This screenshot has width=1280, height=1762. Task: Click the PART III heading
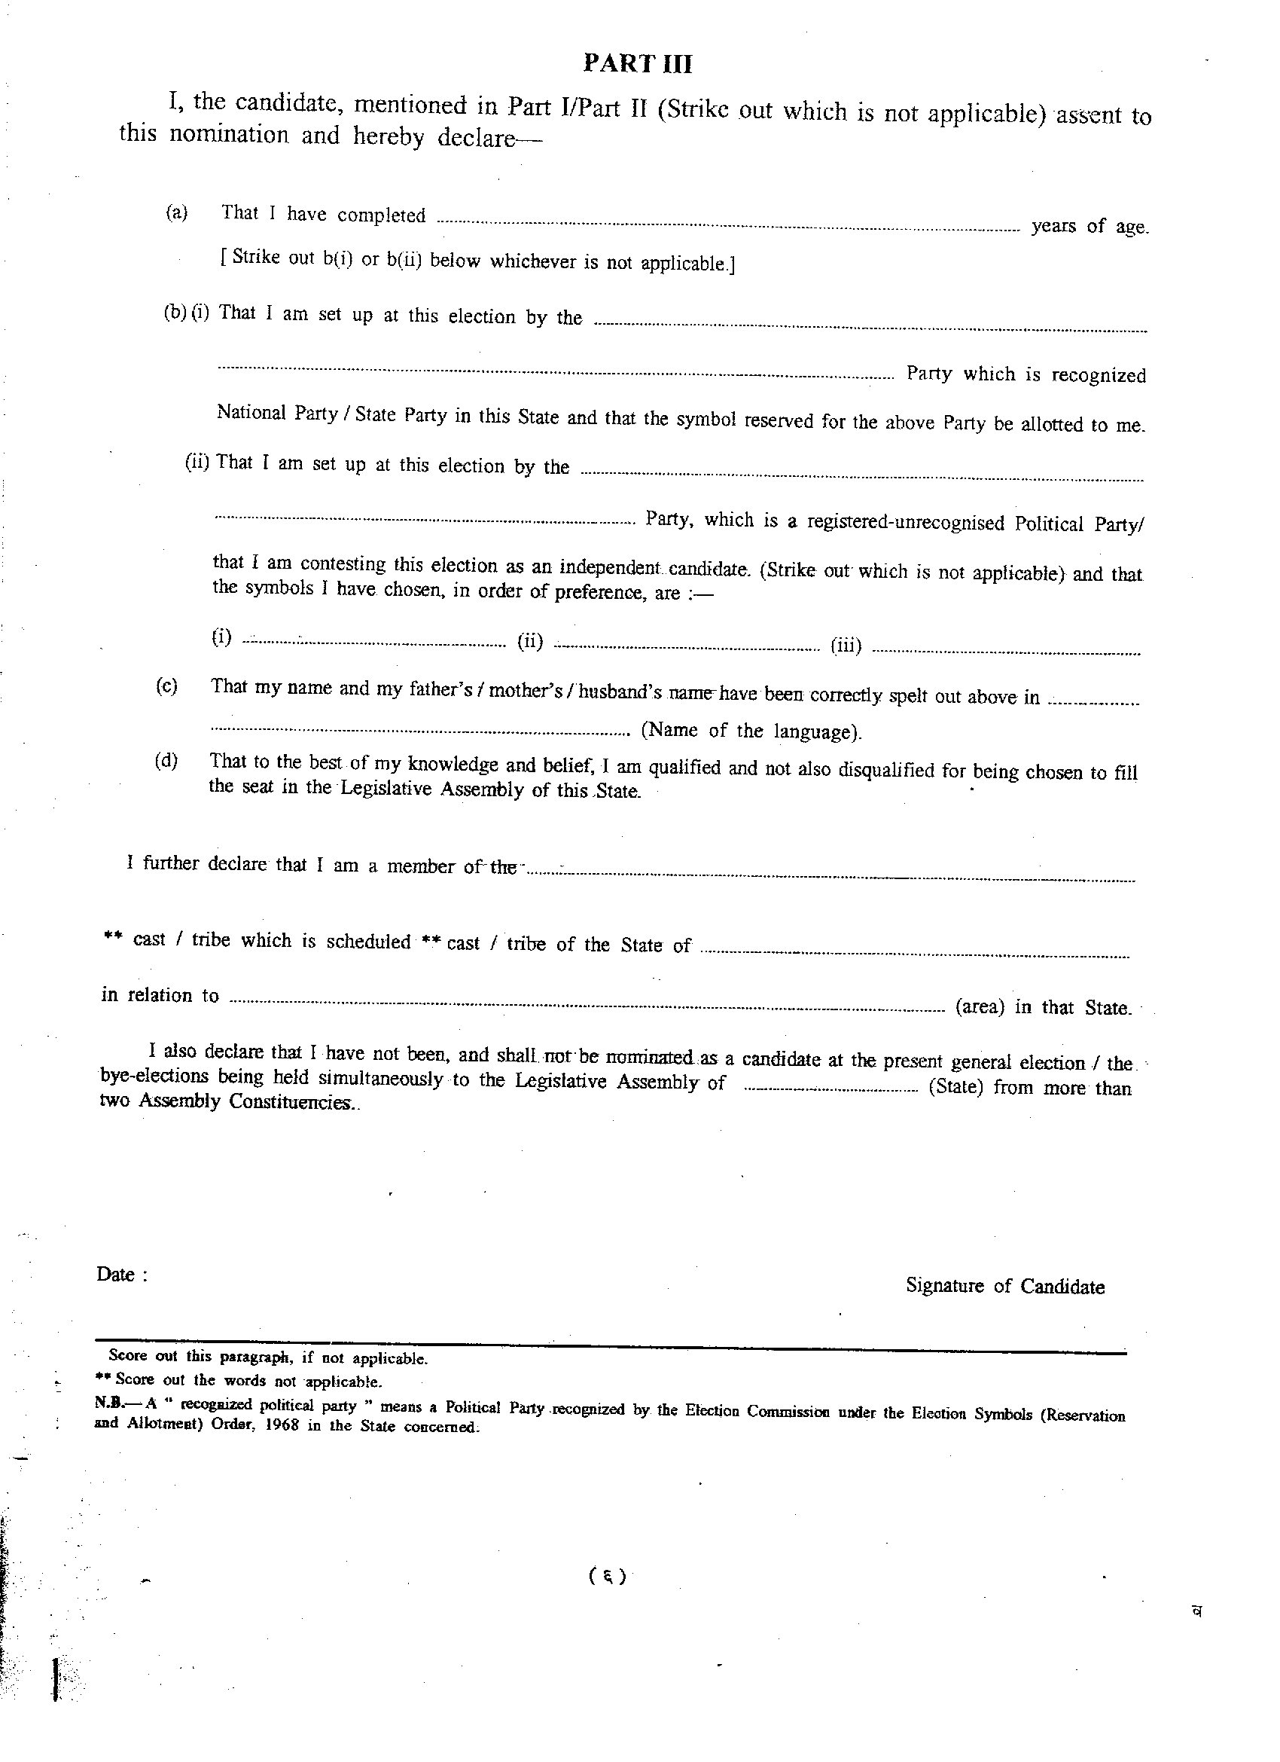(x=637, y=64)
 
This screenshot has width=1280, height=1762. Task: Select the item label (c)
(x=166, y=686)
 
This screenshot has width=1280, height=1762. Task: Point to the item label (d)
(x=166, y=761)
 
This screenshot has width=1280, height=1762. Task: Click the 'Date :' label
(x=121, y=1275)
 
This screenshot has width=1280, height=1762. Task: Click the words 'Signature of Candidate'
(x=1004, y=1286)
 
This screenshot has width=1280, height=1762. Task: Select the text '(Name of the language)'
(x=750, y=731)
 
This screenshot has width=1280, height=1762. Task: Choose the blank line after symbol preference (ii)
(x=687, y=647)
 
